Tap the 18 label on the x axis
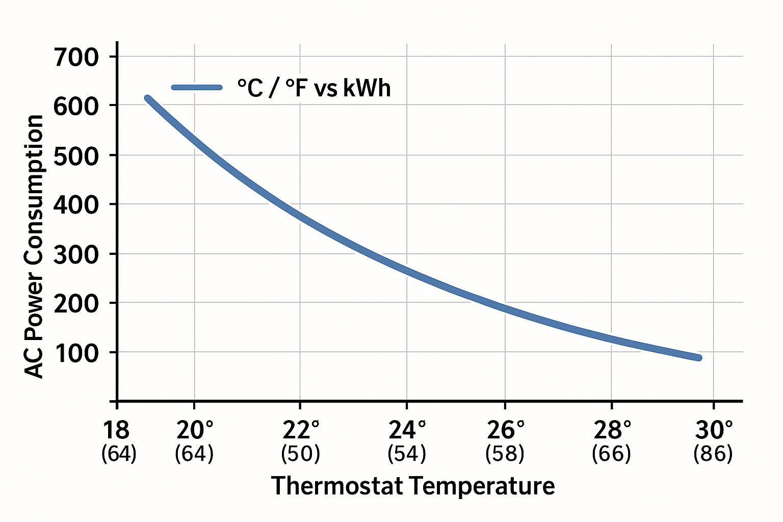click(116, 431)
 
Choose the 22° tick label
click(301, 431)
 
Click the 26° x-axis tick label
click(505, 431)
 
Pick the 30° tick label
click(714, 431)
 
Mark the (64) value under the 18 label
click(119, 454)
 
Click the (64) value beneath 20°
click(194, 454)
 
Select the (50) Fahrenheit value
click(301, 454)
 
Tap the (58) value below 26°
click(505, 454)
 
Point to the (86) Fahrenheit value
click(713, 454)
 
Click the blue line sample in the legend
click(197, 87)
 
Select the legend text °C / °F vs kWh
click(314, 88)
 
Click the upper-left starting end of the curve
click(148, 98)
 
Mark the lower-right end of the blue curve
click(698, 358)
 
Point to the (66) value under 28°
click(611, 454)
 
